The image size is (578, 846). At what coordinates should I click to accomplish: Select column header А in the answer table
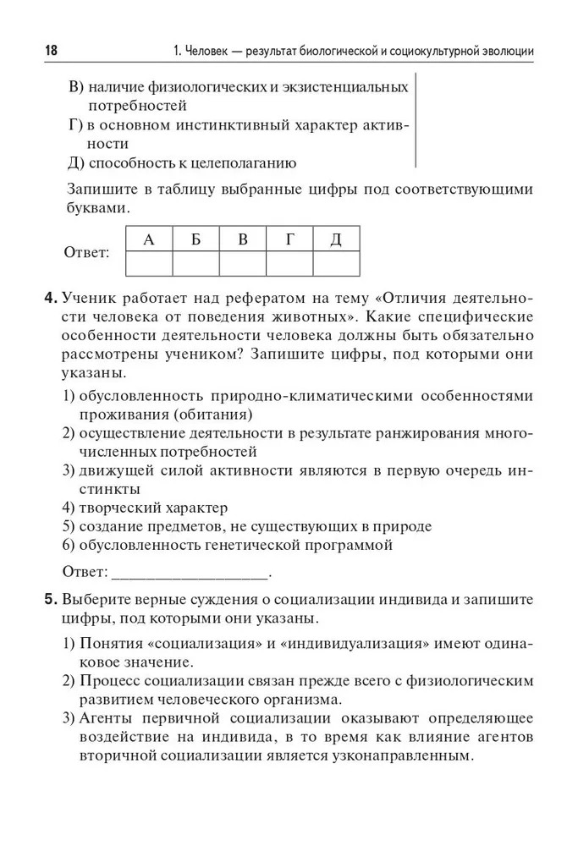pos(149,239)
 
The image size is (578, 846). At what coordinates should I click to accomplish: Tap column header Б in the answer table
pos(195,239)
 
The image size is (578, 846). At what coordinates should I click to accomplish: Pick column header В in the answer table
pos(243,239)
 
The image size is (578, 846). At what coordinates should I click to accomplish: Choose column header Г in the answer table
pos(289,239)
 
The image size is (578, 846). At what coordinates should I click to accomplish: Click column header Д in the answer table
pos(336,239)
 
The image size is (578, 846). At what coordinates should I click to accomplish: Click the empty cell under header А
pos(149,264)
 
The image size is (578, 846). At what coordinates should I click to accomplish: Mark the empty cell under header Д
pos(336,264)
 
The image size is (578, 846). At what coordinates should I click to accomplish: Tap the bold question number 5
pos(50,599)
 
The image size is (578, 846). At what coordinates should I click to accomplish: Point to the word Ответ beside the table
pos(87,253)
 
